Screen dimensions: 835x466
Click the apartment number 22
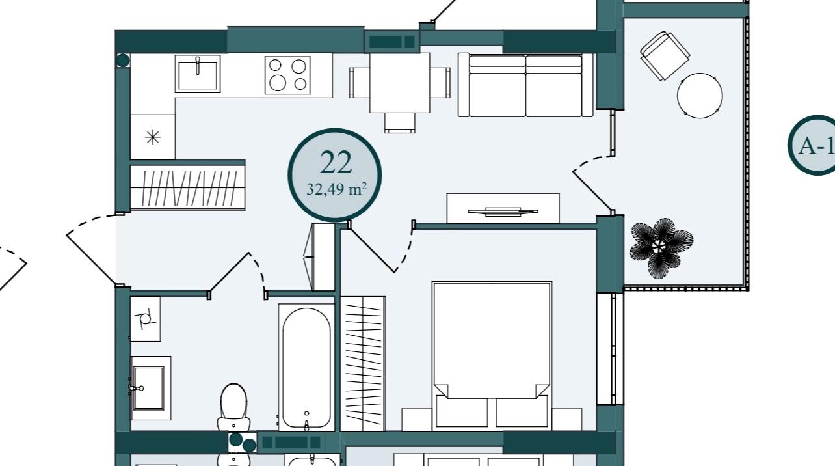(336, 163)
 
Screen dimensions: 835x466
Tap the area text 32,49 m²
(336, 189)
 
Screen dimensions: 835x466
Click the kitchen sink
(198, 74)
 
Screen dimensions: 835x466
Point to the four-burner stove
(287, 75)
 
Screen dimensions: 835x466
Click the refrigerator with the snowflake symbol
(152, 137)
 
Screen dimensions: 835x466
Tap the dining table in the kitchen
(399, 83)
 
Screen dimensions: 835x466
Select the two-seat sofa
(525, 85)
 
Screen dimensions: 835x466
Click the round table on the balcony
(700, 96)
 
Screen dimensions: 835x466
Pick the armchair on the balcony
(665, 55)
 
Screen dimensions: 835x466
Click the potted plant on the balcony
(661, 248)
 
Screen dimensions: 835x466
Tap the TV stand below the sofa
(503, 208)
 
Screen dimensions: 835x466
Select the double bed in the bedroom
(492, 355)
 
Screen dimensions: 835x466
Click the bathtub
(306, 367)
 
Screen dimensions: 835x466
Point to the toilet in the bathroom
(233, 407)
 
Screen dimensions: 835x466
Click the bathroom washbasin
(150, 388)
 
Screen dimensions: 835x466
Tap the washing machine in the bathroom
(146, 319)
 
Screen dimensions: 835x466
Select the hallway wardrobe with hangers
(187, 187)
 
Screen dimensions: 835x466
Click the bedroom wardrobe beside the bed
(363, 364)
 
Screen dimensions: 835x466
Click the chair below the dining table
(399, 123)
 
